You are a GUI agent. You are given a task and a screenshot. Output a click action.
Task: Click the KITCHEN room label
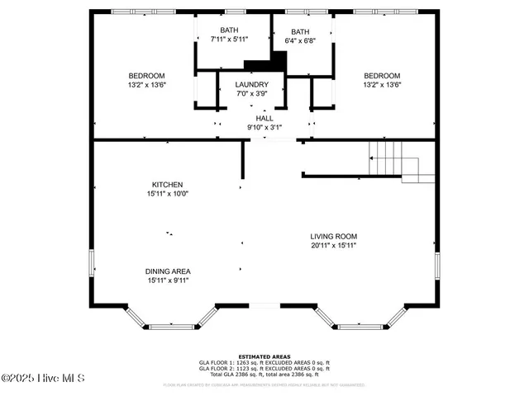tap(167, 185)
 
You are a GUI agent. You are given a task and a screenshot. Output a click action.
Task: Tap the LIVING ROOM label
tap(334, 236)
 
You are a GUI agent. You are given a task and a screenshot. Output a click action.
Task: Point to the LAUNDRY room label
tap(251, 85)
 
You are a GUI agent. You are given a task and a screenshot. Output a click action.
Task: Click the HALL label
tap(264, 119)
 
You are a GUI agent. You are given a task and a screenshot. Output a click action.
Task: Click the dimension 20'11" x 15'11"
tap(334, 245)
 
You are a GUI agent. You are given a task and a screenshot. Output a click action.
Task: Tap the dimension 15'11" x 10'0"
tap(167, 194)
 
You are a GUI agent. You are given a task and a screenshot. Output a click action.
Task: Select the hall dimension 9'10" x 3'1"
tap(264, 127)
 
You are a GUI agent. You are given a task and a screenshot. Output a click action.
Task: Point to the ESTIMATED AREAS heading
tap(264, 356)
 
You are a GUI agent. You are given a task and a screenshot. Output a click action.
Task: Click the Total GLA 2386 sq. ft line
tap(264, 374)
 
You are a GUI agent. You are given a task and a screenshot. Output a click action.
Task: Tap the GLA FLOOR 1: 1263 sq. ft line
tap(264, 362)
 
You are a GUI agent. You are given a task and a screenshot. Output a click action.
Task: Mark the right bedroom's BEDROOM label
tap(382, 75)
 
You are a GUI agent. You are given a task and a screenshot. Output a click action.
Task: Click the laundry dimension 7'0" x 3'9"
tap(251, 93)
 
